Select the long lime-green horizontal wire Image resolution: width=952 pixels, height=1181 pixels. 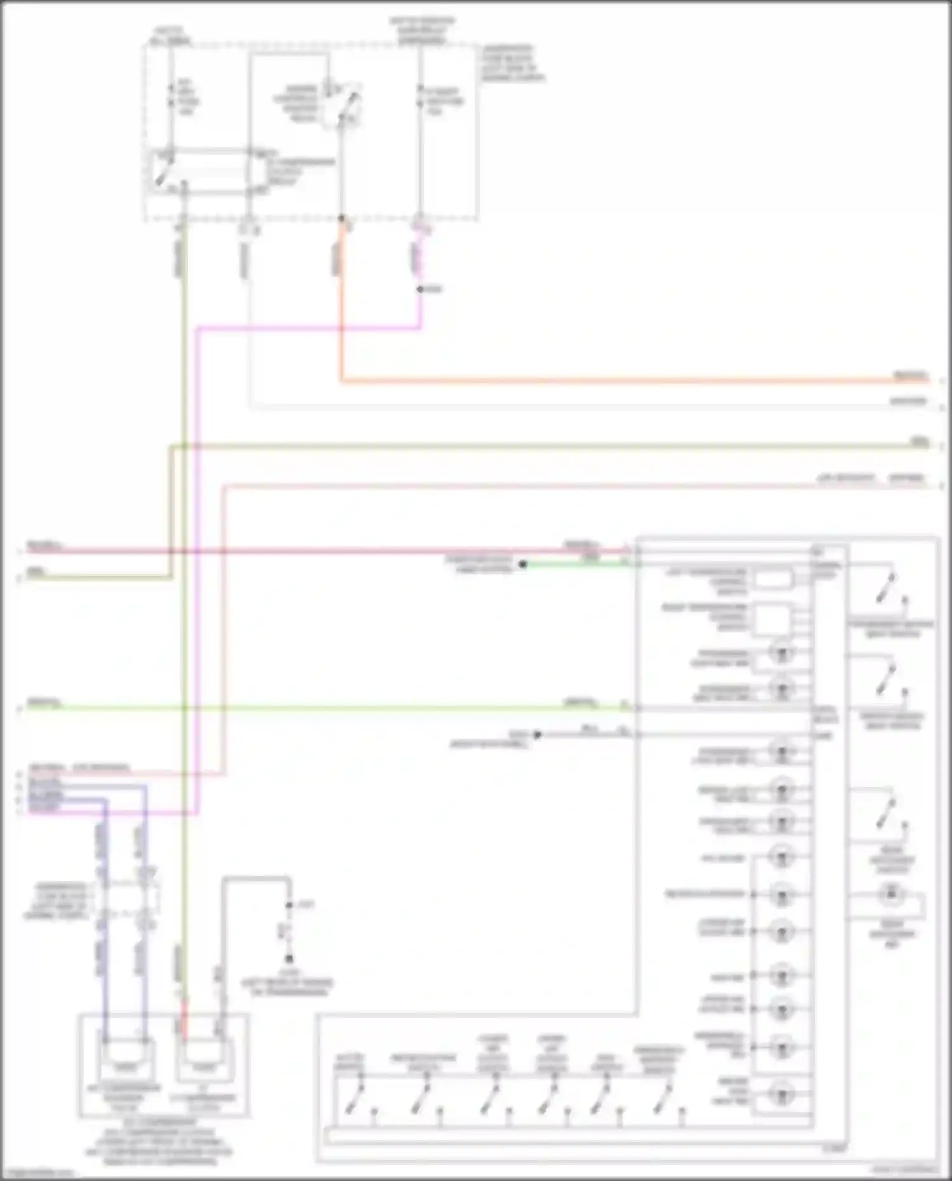(317, 708)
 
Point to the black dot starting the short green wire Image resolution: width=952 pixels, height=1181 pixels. (523, 564)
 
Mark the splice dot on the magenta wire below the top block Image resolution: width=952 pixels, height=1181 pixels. (420, 289)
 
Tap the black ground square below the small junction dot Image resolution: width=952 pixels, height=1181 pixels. (289, 958)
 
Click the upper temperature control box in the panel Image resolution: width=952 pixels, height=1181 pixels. (773, 579)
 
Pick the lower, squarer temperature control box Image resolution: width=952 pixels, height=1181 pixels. (773, 618)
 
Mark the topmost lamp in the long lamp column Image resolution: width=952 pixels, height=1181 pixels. (781, 652)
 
